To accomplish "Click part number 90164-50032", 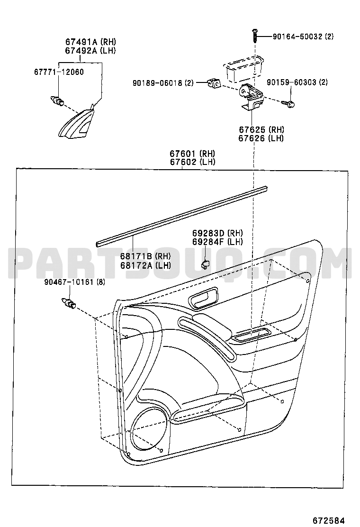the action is coord(297,36).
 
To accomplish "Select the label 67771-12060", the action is coord(59,72).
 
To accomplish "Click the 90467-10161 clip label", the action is coord(69,282).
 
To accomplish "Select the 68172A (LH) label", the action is coord(146,265).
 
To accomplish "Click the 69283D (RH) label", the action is coord(217,233).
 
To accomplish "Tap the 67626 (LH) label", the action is coord(261,138).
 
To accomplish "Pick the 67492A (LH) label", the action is coord(90,51).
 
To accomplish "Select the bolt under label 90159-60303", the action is coord(288,103).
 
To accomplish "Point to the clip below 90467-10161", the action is coord(69,303).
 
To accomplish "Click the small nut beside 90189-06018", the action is coord(214,83).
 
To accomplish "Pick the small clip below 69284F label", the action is coord(205,264).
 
